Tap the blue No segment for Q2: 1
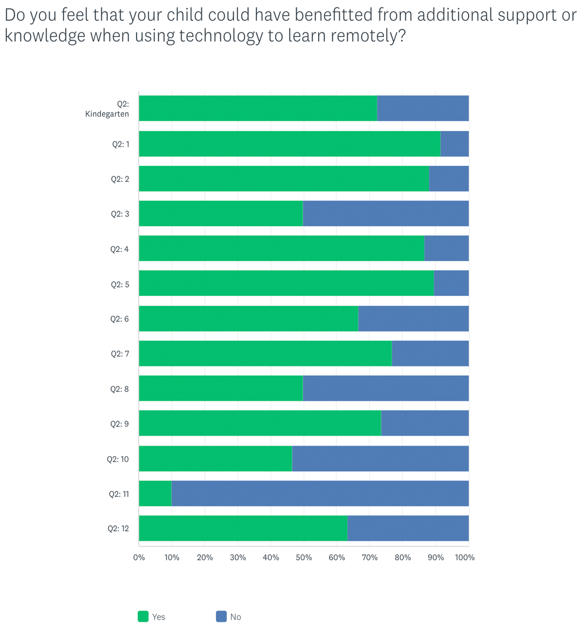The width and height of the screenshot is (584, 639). point(454,144)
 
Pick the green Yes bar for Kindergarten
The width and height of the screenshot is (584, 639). point(258,108)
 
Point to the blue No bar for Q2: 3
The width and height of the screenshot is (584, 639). point(386,213)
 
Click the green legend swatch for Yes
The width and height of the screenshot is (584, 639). point(143,617)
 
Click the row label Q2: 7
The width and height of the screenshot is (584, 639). point(120,354)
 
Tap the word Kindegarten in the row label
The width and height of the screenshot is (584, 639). point(107,114)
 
